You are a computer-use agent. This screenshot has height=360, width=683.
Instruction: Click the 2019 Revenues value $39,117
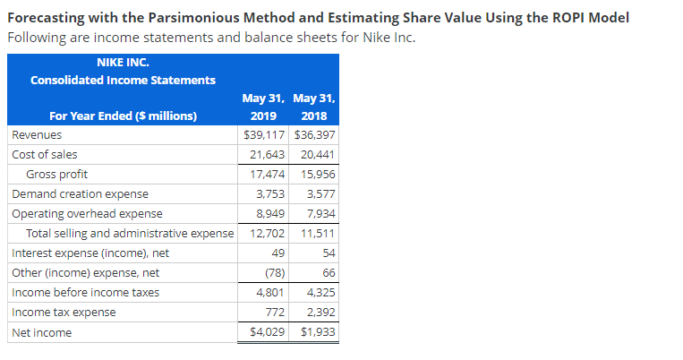(x=264, y=134)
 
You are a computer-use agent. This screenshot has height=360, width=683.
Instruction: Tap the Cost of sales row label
(x=44, y=154)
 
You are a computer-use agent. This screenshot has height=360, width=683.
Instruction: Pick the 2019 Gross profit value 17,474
(x=268, y=174)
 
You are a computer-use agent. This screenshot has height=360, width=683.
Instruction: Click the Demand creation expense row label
(x=80, y=193)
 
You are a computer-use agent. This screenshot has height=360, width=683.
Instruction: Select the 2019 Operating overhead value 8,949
(x=270, y=213)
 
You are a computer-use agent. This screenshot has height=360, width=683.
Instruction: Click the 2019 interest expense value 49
(x=278, y=253)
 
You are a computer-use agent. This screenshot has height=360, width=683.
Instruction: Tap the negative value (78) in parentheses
(x=275, y=273)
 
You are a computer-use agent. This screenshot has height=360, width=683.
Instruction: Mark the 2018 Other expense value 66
(x=327, y=273)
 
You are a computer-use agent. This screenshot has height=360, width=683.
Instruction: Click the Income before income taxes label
(x=85, y=293)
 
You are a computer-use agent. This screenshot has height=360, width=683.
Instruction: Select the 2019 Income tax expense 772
(x=275, y=313)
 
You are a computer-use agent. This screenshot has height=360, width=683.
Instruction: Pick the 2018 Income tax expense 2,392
(x=319, y=313)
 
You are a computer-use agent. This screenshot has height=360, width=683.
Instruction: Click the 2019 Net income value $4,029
(x=266, y=332)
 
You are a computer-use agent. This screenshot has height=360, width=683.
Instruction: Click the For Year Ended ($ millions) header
(x=123, y=116)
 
